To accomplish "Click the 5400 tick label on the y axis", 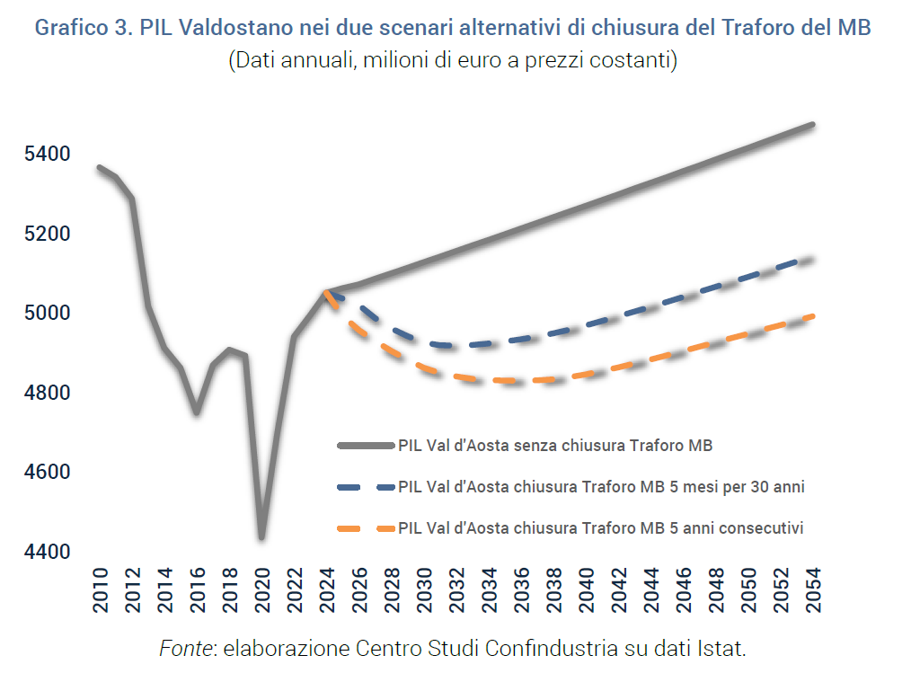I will click(x=48, y=155).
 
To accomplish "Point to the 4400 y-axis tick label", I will click(x=48, y=552).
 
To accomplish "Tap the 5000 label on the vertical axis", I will click(x=48, y=314).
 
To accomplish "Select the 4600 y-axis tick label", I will click(x=48, y=473).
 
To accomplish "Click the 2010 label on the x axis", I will click(x=100, y=590).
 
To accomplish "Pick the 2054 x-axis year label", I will click(x=813, y=590).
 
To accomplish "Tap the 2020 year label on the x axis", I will click(x=261, y=590).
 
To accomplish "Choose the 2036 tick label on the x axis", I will click(x=521, y=590).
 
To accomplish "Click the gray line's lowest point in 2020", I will click(x=261, y=538).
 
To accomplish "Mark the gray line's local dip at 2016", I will click(x=197, y=413).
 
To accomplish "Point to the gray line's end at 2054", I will click(x=812, y=124).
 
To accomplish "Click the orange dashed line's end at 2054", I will click(x=812, y=315).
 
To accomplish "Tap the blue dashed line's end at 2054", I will click(x=812, y=259).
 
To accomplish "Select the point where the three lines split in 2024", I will click(x=326, y=291).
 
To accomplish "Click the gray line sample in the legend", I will click(x=366, y=445).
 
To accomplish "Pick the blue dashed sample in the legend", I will click(x=366, y=487).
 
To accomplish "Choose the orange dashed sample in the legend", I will click(x=366, y=528).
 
